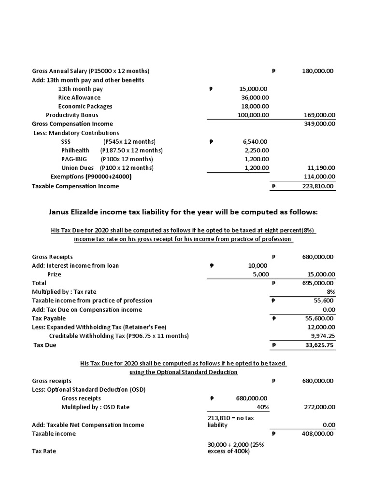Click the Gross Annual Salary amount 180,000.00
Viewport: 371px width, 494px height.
(x=317, y=71)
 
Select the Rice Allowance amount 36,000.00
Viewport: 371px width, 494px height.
(x=254, y=97)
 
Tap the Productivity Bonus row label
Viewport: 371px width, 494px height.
(x=72, y=115)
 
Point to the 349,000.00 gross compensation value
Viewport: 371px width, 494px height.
(x=317, y=124)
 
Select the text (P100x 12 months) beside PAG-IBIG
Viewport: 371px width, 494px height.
(x=127, y=159)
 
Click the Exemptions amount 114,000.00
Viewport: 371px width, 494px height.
(x=317, y=177)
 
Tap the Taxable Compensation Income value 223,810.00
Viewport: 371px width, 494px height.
(x=317, y=186)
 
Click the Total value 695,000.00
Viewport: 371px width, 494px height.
(x=317, y=283)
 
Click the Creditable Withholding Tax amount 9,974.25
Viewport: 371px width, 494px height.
(x=322, y=336)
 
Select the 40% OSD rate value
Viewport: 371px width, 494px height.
(x=262, y=407)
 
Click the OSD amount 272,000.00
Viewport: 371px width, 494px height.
(x=317, y=407)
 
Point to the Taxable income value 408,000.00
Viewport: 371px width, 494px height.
(x=317, y=434)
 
